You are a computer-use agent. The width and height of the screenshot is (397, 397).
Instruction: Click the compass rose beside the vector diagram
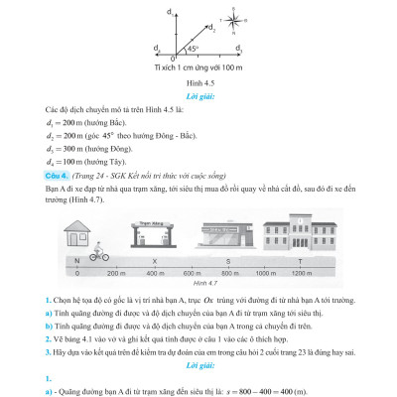pos(229,15)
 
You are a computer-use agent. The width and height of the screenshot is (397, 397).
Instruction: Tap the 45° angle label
pos(195,45)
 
